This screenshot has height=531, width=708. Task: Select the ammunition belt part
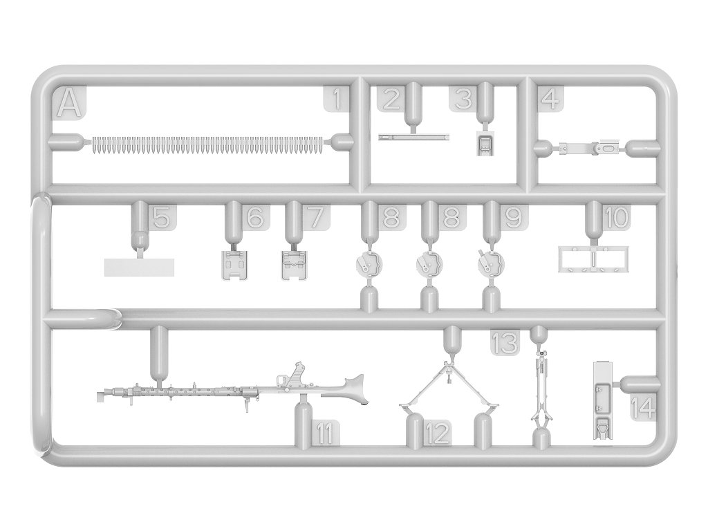coord(207,143)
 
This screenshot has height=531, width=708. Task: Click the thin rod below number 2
coord(414,137)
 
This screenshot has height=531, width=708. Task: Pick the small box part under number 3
coord(486,144)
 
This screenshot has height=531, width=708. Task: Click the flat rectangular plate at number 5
coord(139,267)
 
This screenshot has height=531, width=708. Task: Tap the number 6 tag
coord(254,217)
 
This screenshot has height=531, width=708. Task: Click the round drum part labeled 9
coord(491,263)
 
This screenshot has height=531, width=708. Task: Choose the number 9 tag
coord(512,217)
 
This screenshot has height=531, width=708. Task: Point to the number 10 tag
coord(615,217)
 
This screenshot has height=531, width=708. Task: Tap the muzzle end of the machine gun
coord(102,395)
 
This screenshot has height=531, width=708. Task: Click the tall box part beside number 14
coord(602,401)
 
